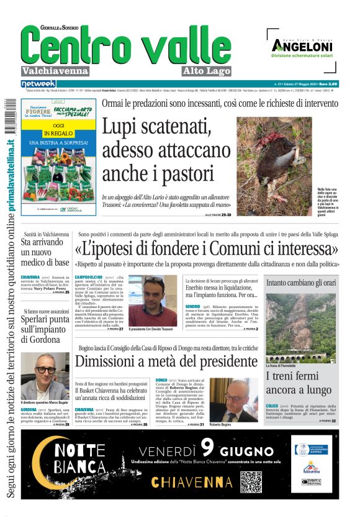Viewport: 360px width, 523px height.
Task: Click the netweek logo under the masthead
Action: point(38,83)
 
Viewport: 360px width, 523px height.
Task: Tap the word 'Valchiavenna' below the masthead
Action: point(55,71)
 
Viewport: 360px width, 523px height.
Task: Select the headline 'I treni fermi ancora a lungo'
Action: point(299,383)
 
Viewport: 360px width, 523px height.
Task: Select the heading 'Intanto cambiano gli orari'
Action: point(301,282)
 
